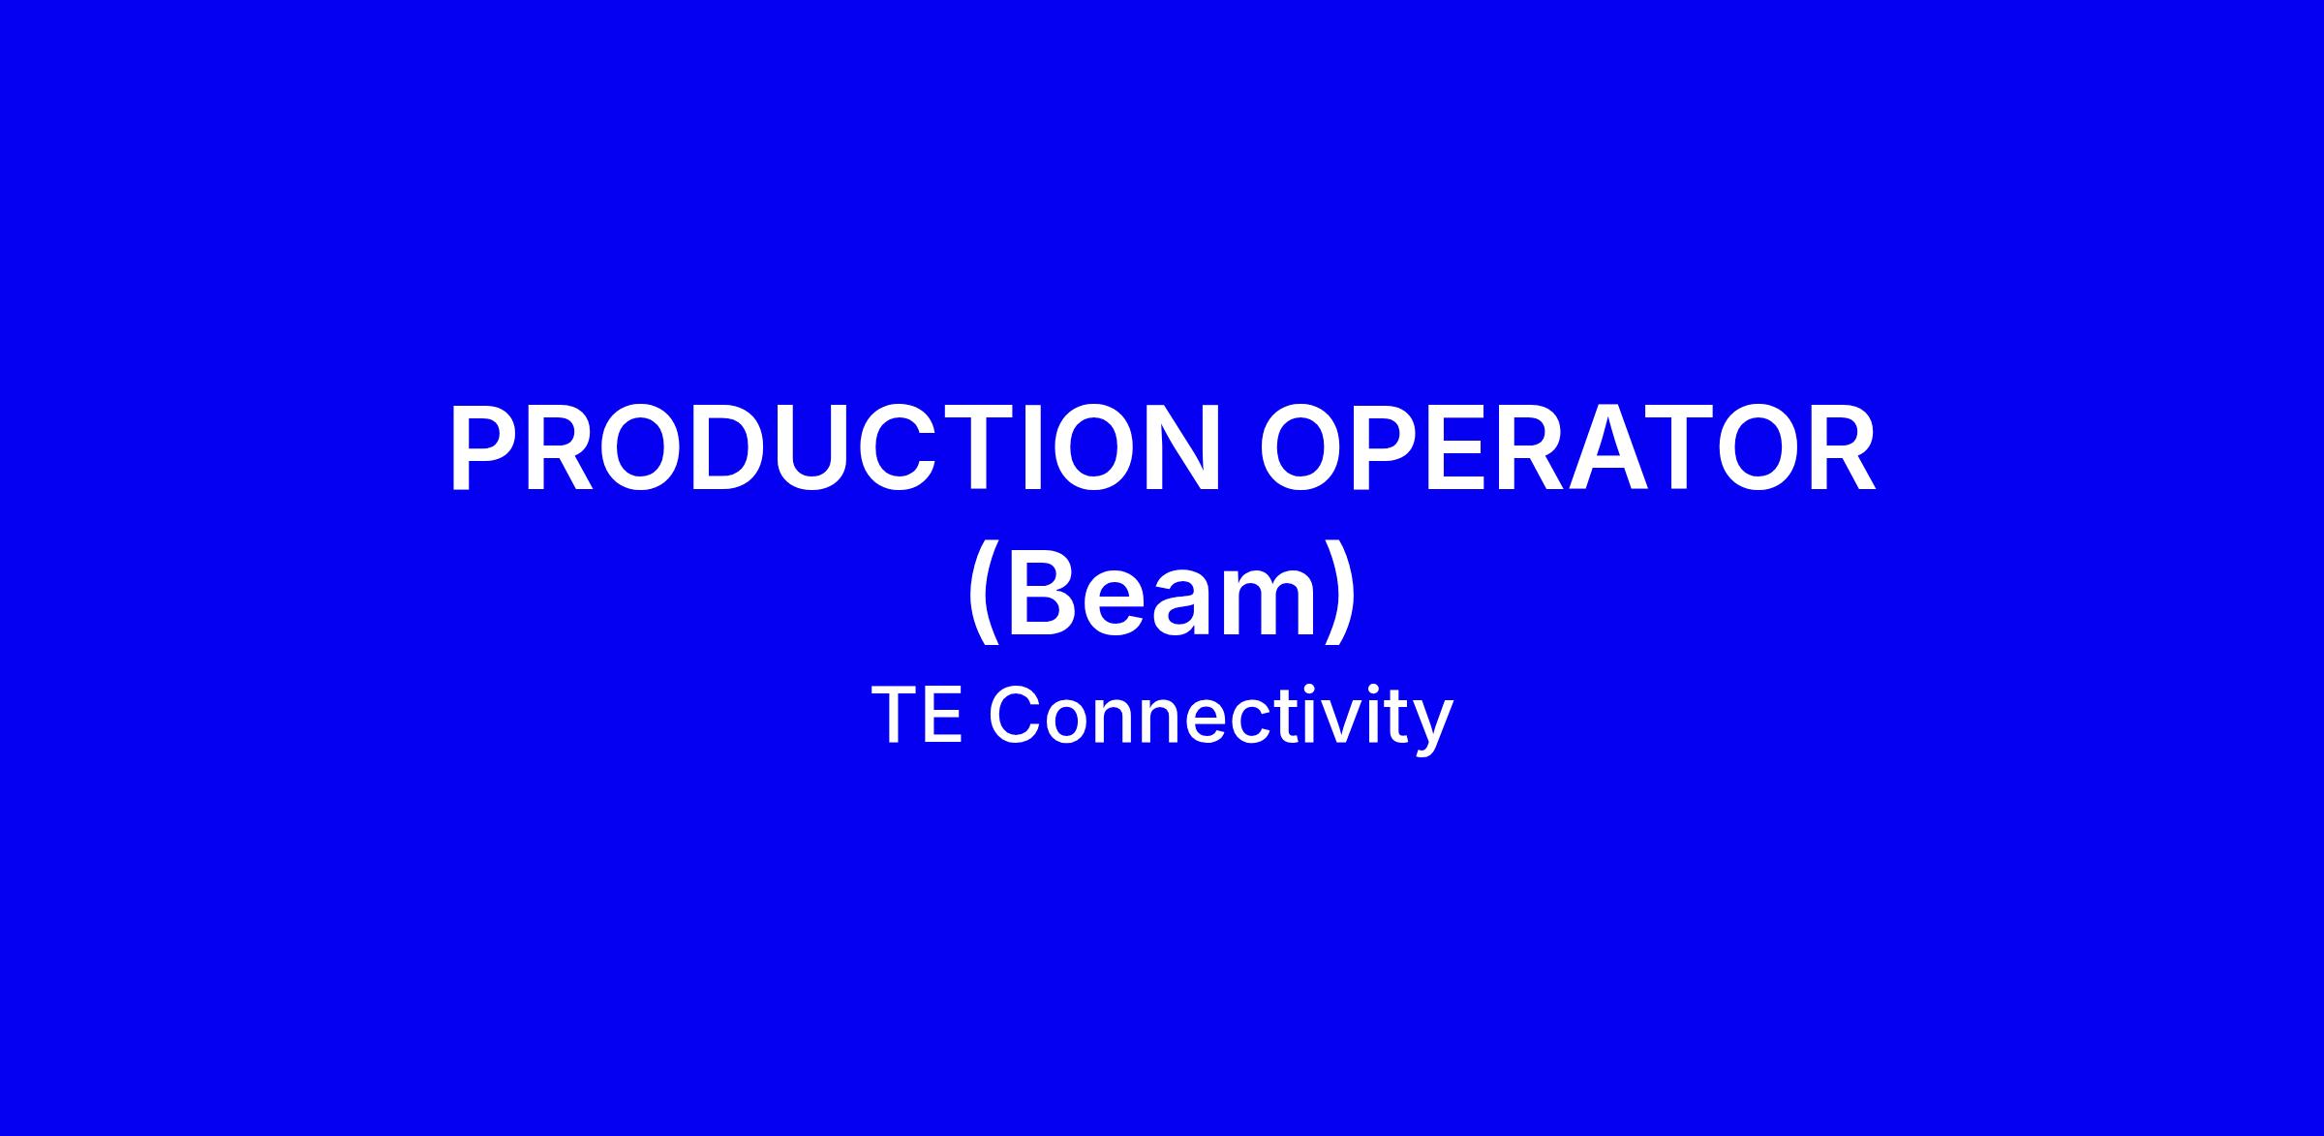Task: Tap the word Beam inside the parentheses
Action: (1162, 593)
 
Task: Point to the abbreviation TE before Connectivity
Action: (917, 716)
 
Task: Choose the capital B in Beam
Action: (1045, 593)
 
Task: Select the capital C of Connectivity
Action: (1013, 716)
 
